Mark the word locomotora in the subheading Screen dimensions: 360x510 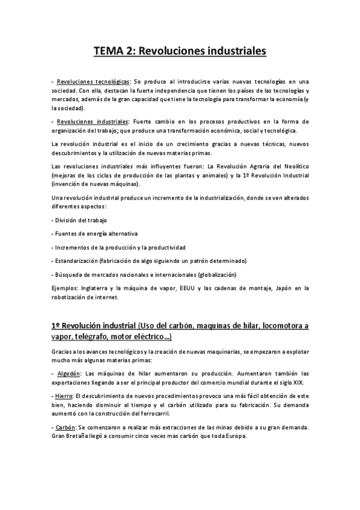(274, 325)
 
